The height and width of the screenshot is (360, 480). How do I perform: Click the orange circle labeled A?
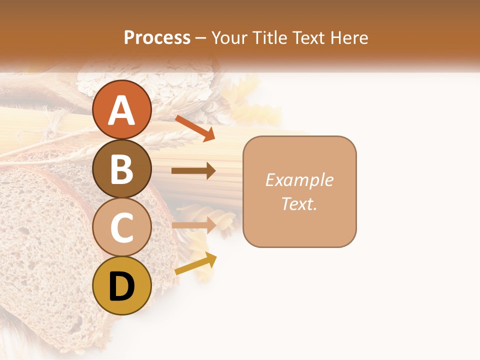121,109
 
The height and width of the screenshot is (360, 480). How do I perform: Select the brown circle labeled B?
121,168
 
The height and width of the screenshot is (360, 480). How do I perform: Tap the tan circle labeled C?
121,227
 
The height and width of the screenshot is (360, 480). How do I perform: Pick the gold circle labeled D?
121,285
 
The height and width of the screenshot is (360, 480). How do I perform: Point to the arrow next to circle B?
193,171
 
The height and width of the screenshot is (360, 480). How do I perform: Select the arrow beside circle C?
193,225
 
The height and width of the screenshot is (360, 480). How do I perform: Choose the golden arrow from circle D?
195,264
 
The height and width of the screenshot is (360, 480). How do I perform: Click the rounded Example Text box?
299,191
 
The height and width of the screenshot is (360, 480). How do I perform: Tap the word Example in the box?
299,180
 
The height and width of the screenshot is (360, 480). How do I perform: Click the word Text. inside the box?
299,203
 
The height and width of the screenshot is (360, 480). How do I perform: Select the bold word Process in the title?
157,37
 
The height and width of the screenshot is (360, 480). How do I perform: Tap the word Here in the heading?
350,37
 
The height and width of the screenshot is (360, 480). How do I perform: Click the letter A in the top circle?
121,110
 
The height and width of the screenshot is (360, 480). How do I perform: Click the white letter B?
121,169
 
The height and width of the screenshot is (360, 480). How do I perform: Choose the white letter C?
121,228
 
